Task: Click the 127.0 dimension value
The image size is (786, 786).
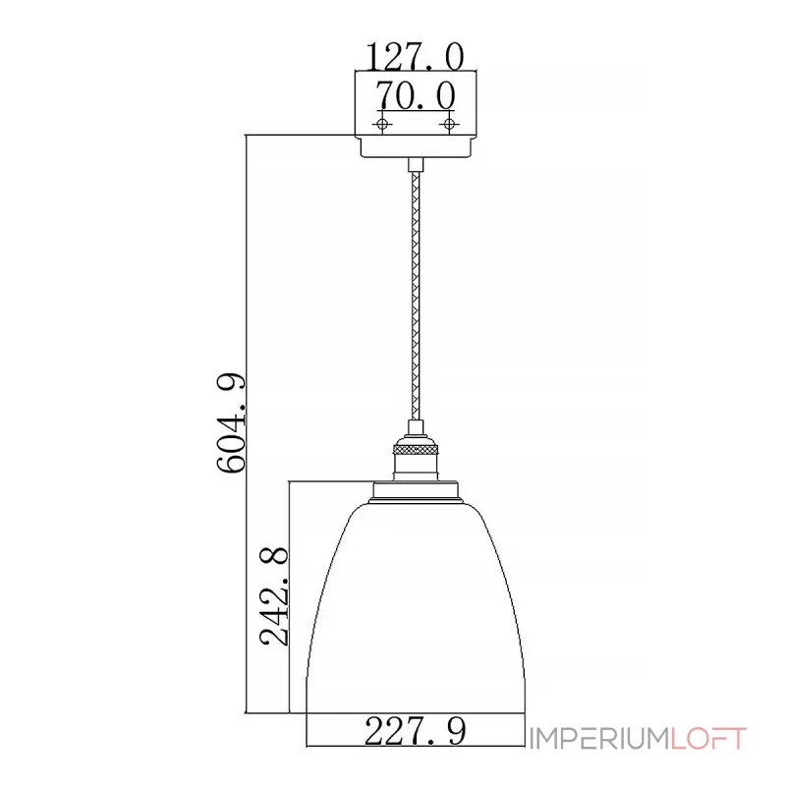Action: coord(415,56)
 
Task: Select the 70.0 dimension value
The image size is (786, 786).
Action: coord(416,94)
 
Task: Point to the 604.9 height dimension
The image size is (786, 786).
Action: coord(231,422)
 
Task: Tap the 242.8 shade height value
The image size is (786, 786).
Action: coord(274,595)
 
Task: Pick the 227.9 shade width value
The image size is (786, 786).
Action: coord(415,731)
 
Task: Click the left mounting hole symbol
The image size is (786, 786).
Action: coord(382,124)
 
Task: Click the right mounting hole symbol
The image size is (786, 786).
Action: coord(449,124)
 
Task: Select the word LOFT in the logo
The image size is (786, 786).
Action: coord(708,739)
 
